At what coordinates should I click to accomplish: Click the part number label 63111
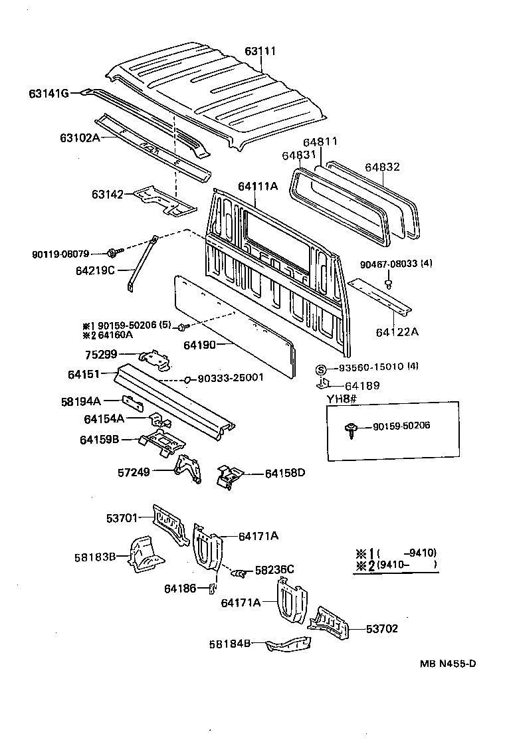click(x=260, y=51)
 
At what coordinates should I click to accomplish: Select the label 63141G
click(x=49, y=94)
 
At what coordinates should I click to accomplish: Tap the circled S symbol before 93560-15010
click(x=320, y=369)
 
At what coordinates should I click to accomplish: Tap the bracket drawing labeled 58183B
click(x=145, y=554)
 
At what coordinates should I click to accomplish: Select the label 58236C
click(x=274, y=569)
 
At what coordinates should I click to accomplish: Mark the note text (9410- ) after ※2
click(x=405, y=565)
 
